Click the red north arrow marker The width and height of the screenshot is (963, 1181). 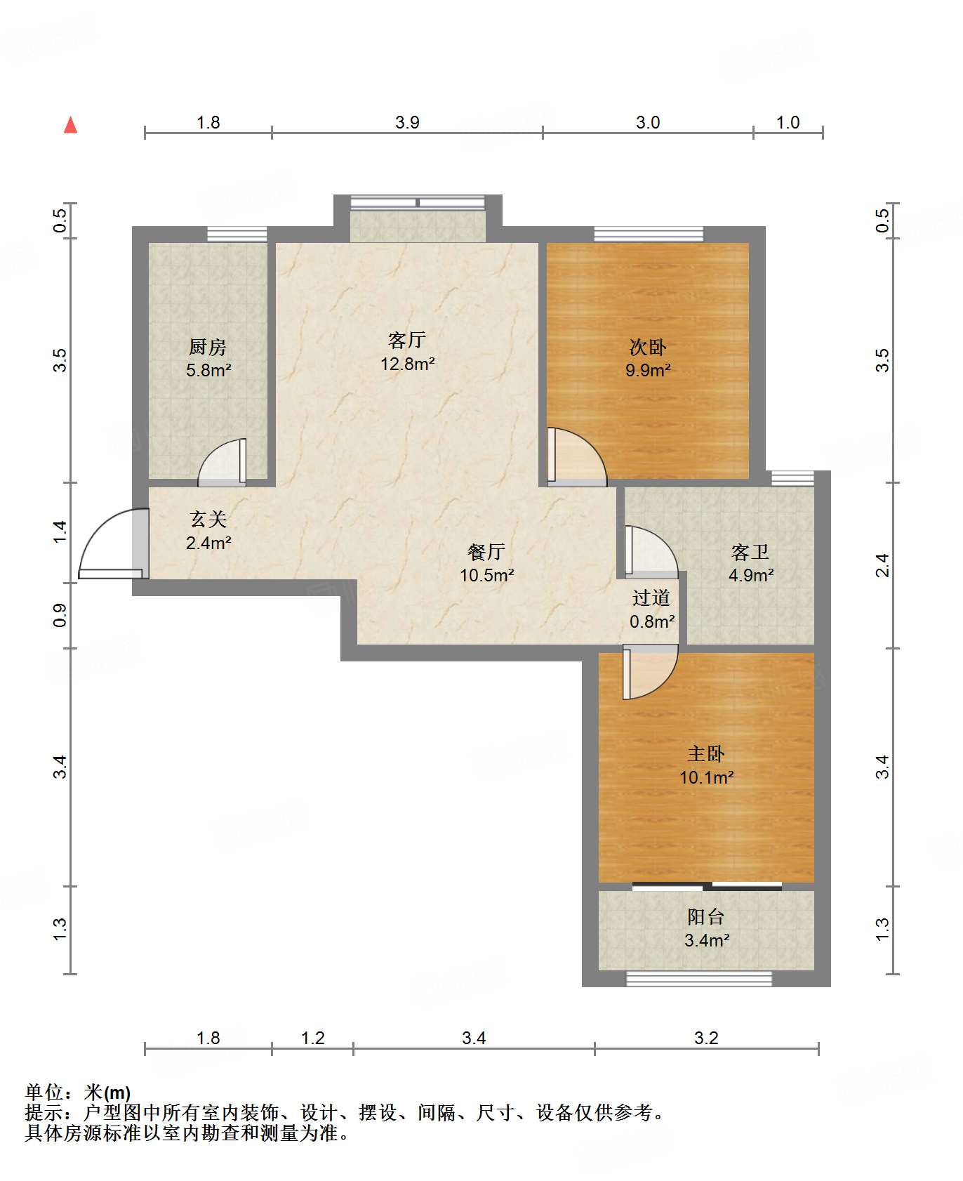click(70, 125)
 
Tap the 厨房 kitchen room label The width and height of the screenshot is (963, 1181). click(208, 347)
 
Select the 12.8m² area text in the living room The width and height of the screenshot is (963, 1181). click(408, 364)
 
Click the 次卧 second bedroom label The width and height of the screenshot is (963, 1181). click(648, 347)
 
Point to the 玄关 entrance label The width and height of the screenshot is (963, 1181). click(208, 520)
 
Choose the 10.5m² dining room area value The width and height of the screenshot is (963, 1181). click(487, 575)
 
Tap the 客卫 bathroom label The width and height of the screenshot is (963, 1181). click(750, 553)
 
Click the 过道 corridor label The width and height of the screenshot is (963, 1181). click(651, 598)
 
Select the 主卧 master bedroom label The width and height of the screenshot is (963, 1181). click(706, 754)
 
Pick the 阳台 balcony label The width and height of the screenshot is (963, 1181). click(706, 917)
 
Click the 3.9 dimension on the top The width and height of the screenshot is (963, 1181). click(407, 123)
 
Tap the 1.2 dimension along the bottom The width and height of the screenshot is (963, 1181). click(313, 1038)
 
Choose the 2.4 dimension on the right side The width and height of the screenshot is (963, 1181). click(882, 565)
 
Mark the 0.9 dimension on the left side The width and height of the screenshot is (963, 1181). click(60, 615)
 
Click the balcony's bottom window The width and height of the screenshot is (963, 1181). click(699, 979)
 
